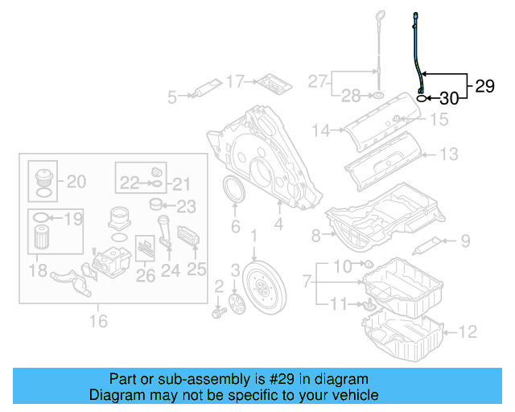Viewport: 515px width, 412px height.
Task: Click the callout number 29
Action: (x=484, y=86)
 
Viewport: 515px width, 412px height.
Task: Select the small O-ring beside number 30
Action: (x=422, y=98)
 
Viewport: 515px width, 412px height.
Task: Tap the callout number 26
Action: (x=146, y=276)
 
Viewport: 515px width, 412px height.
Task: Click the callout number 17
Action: (x=234, y=80)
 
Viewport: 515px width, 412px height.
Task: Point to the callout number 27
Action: (x=318, y=80)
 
